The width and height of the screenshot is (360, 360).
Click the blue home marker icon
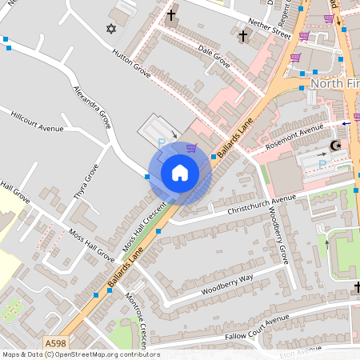pyautogui.click(x=180, y=172)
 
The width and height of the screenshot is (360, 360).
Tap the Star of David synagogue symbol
pyautogui.click(x=111, y=29)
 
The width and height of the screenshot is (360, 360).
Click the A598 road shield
pyautogui.click(x=55, y=343)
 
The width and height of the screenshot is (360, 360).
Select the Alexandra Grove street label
pyautogui.click(x=92, y=109)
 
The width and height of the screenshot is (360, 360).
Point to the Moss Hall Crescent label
pyautogui.click(x=146, y=228)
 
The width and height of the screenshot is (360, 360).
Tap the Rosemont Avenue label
pyautogui.click(x=295, y=134)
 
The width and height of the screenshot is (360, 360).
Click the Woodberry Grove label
pyautogui.click(x=278, y=236)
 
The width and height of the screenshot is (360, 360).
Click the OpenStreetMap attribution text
pyautogui.click(x=80, y=354)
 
